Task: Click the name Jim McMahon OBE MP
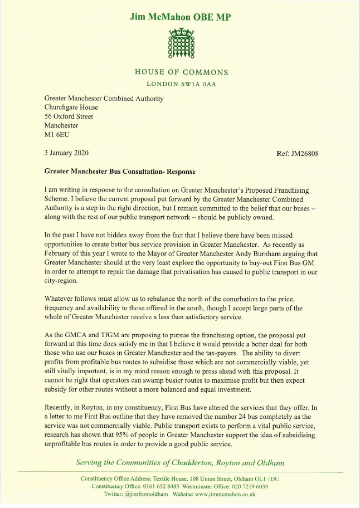click(x=180, y=17)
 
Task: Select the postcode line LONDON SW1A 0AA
click(x=181, y=84)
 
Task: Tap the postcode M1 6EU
click(x=57, y=134)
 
